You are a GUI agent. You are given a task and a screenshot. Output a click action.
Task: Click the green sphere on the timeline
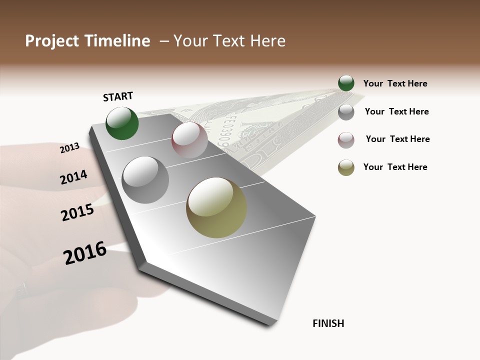pyautogui.click(x=122, y=123)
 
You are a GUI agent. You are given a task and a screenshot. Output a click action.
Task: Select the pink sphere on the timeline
pyautogui.click(x=189, y=140)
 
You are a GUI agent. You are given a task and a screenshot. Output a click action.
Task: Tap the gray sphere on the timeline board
pyautogui.click(x=145, y=180)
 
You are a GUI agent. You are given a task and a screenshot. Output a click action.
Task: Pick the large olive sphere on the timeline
pyautogui.click(x=216, y=207)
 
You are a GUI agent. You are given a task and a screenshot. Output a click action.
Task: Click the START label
pyautogui.click(x=118, y=96)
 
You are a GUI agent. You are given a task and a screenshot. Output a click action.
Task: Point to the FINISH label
pyautogui.click(x=328, y=323)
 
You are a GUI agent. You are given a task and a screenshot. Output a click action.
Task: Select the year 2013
pyautogui.click(x=70, y=147)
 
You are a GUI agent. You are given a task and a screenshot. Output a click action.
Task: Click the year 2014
pyautogui.click(x=73, y=177)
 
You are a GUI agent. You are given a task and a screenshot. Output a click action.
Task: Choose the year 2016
pyautogui.click(x=85, y=253)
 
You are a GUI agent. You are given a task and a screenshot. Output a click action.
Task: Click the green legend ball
pyautogui.click(x=346, y=83)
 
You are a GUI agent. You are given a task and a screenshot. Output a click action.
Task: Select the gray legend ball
pyautogui.click(x=346, y=112)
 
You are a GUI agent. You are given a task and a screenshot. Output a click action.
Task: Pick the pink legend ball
pyautogui.click(x=346, y=140)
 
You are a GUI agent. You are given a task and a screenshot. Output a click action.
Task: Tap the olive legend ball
pyautogui.click(x=346, y=167)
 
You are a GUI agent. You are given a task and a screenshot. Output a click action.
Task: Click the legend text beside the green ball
pyautogui.click(x=395, y=84)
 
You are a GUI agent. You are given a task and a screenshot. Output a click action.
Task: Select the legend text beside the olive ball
pyautogui.click(x=395, y=167)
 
